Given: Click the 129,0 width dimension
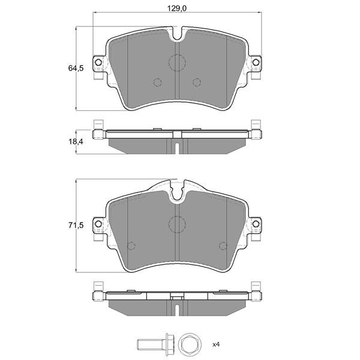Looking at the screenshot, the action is [x=176, y=8].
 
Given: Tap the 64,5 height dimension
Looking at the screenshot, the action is [x=76, y=68].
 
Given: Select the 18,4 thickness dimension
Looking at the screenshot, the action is [x=76, y=142].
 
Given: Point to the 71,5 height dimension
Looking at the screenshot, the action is [x=76, y=226].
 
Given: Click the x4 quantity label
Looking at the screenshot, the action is [x=216, y=344].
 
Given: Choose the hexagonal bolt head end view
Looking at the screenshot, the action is [x=190, y=344].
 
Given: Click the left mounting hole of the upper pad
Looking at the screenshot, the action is [x=98, y=62].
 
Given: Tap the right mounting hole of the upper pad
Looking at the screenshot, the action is [x=256, y=62].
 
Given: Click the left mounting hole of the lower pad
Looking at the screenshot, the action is [x=98, y=224].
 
